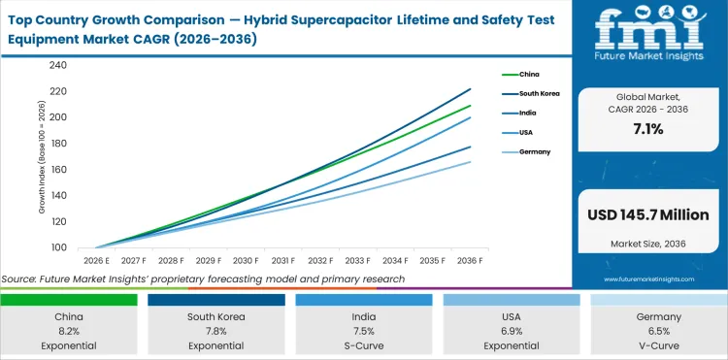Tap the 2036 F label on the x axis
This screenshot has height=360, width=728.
click(470, 260)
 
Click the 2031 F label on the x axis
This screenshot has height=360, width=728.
click(282, 260)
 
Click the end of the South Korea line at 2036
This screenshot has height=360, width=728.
click(470, 89)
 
